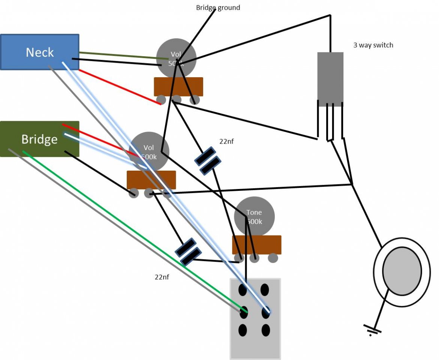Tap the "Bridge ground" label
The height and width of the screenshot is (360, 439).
click(218, 7)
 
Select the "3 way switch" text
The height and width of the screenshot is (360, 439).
click(373, 45)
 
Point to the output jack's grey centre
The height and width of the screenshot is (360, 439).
click(402, 270)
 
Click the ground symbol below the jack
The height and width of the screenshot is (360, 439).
click(372, 330)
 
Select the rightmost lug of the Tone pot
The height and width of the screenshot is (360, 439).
click(273, 258)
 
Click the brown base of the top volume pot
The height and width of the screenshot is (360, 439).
click(178, 87)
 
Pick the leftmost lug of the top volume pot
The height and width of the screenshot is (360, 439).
click(161, 100)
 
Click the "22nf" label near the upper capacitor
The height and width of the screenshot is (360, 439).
click(227, 142)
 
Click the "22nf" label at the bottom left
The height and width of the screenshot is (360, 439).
click(162, 277)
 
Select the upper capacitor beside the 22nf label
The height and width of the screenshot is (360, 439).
click(206, 161)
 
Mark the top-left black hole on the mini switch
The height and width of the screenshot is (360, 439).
click(243, 290)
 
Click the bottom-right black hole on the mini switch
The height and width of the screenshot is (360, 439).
click(265, 330)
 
